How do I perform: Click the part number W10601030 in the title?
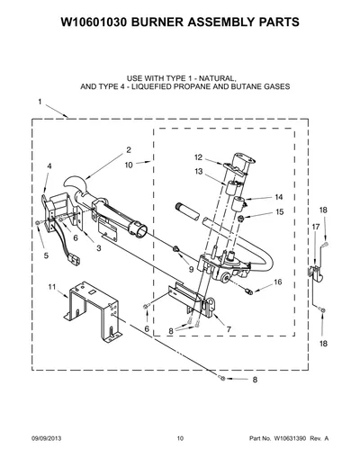coord(94,22)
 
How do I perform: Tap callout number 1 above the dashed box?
coord(40,102)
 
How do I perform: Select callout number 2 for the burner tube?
coord(129,150)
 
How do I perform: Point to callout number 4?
coord(49,166)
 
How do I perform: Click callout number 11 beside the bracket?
coord(52,287)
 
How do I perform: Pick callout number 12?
coord(199,157)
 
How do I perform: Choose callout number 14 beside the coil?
coord(279,197)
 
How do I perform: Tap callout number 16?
coord(278,282)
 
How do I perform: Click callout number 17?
coord(316,227)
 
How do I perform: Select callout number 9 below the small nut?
coord(191,270)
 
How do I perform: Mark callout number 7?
coord(229,329)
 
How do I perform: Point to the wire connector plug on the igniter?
coord(75,260)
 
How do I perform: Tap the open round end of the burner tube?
coord(139,230)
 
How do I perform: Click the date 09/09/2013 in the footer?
coord(47,438)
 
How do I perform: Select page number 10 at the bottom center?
coord(180,438)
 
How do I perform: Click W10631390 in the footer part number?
coord(289,438)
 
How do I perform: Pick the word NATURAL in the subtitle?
coord(217,78)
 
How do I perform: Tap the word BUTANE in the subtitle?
coord(245,86)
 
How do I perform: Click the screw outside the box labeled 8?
coord(222,379)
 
